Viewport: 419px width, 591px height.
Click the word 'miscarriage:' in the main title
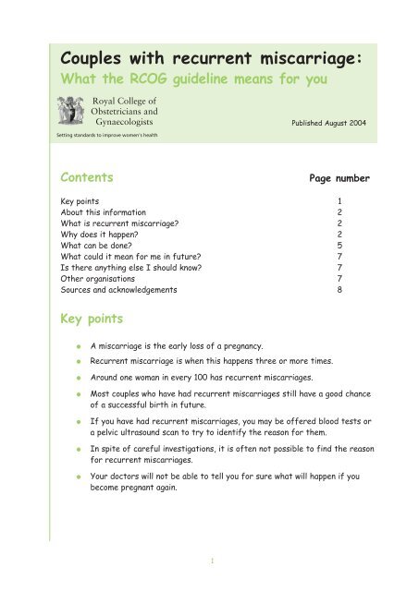(324, 61)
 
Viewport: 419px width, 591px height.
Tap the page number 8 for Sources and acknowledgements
(367, 289)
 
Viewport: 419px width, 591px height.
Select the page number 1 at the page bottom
(210, 559)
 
